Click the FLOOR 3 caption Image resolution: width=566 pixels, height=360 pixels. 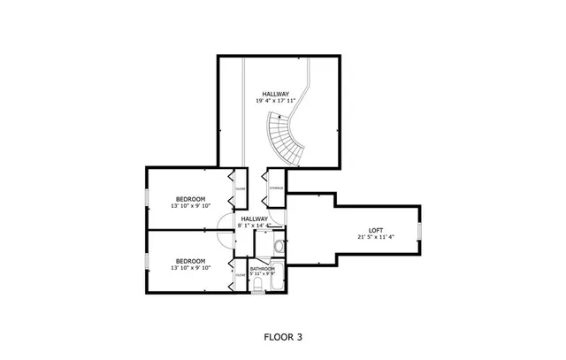[283, 336]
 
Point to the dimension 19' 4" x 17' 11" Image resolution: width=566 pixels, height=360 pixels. [275, 101]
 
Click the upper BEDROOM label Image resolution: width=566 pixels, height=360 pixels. [190, 198]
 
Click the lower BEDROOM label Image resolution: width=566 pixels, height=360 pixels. [190, 261]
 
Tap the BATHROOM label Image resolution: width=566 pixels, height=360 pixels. [262, 269]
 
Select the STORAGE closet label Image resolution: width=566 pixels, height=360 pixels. [276, 188]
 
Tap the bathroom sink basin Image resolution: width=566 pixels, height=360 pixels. [279, 246]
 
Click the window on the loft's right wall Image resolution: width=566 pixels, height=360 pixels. [419, 233]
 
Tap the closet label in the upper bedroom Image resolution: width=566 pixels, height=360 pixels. [240, 188]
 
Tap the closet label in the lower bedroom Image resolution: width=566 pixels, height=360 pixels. [240, 275]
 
